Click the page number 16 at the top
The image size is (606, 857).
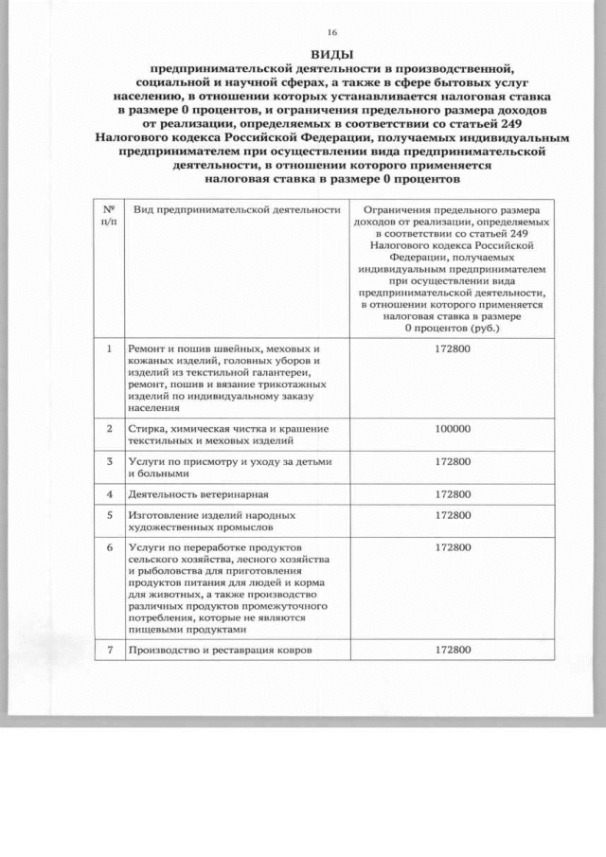coord(330,30)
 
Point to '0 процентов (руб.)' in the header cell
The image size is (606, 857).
coord(452,328)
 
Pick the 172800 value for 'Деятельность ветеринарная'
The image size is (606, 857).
coord(453,494)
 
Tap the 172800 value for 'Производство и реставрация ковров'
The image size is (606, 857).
coord(453,650)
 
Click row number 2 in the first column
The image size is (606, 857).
coord(109,429)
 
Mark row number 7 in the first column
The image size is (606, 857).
coord(109,650)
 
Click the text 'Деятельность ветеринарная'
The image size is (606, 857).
coord(199,494)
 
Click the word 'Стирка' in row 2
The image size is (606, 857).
coord(148,429)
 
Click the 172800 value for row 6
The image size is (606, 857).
coord(453,547)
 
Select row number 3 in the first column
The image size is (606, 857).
coord(109,461)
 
